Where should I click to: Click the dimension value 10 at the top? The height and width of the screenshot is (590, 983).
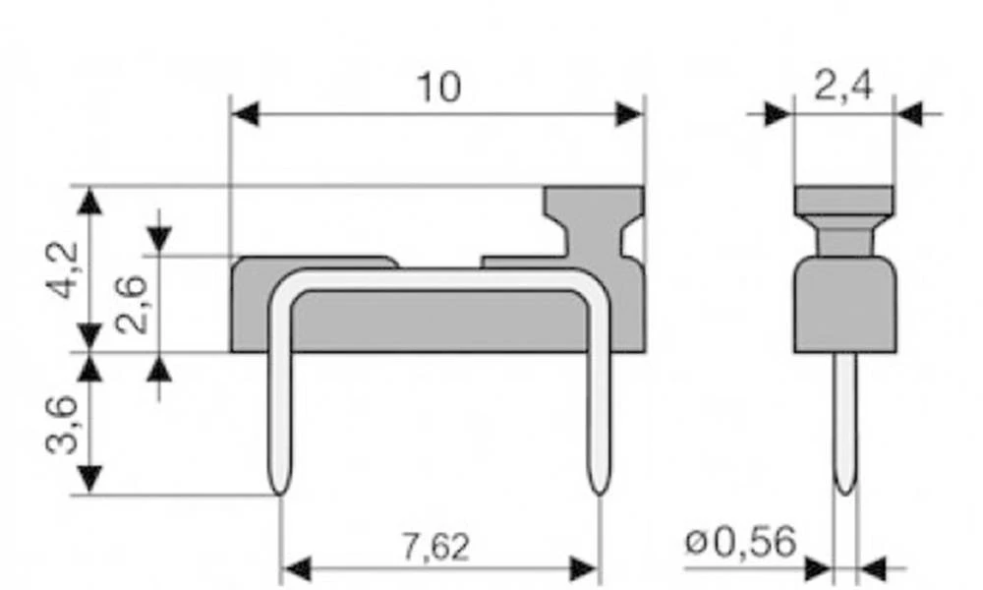tap(438, 88)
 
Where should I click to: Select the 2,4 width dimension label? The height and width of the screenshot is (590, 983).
tap(842, 88)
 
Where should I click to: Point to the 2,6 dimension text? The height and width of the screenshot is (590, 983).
tap(132, 306)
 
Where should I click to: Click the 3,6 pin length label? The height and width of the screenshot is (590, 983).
tap(66, 425)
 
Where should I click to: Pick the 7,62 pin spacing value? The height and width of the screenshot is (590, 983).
tap(435, 547)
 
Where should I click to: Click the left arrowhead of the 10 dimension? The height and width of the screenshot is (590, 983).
tap(244, 114)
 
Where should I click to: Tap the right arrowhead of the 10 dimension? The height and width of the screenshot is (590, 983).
tap(629, 114)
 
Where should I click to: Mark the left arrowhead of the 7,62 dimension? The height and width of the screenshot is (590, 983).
tap(296, 569)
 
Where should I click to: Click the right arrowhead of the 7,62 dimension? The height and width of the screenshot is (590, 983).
tap(584, 569)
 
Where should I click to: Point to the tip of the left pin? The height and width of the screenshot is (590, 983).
tap(280, 489)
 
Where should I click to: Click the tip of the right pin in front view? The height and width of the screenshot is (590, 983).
tap(599, 489)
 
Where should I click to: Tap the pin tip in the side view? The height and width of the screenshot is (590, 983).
tap(844, 488)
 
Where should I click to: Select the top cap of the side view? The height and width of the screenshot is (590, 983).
tap(843, 201)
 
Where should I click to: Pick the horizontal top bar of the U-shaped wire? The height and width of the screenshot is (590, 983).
tap(437, 279)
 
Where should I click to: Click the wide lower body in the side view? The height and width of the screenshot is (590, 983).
tap(843, 305)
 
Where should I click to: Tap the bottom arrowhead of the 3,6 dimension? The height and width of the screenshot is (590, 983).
tap(89, 480)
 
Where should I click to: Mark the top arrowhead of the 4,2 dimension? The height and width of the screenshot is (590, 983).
tap(89, 201)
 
